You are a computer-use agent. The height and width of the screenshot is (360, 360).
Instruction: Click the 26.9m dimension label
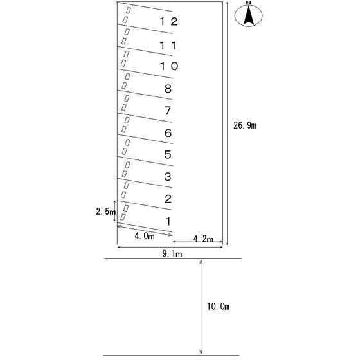[x=245, y=125]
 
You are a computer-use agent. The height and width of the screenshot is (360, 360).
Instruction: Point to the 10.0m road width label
[x=218, y=307]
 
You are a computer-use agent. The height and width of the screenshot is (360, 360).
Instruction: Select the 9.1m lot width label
[x=172, y=254]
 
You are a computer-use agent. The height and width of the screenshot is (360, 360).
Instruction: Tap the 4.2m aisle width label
[x=203, y=239]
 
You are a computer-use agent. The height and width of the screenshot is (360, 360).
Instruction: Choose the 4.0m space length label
[x=145, y=236]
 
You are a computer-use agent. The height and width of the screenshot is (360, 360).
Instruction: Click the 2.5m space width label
[x=105, y=212]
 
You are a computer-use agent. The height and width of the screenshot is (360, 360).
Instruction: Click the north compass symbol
[x=248, y=15]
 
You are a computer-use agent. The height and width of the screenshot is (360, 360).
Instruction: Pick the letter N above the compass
[x=249, y=3]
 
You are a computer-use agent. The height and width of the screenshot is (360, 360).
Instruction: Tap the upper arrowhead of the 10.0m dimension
[x=201, y=261]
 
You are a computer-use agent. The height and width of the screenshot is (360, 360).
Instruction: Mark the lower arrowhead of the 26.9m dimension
[x=227, y=243]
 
